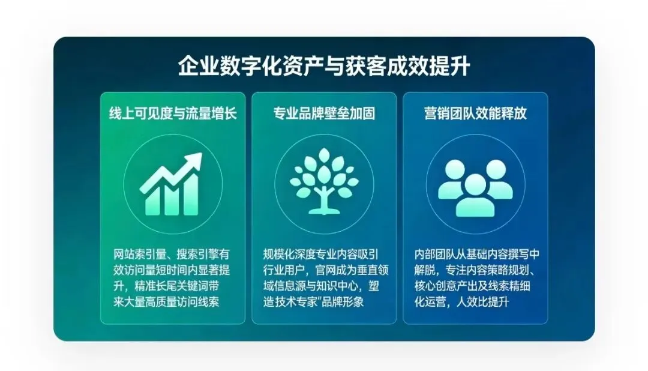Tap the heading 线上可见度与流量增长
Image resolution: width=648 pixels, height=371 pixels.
click(x=173, y=113)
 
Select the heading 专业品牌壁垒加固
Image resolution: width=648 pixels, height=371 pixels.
click(x=324, y=113)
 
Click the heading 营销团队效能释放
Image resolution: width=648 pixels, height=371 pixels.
click(x=475, y=113)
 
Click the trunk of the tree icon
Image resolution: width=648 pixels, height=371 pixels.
click(x=324, y=201)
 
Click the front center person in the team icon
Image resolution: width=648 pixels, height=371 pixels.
click(x=475, y=198)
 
